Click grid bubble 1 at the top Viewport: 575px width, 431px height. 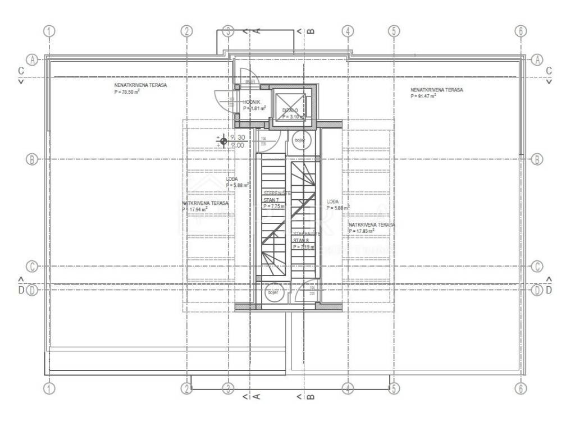pyautogui.click(x=50, y=31)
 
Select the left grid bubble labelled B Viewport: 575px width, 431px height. pyautogui.click(x=32, y=159)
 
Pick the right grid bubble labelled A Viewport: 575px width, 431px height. pyautogui.click(x=537, y=59)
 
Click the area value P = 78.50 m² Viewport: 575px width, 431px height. pyautogui.click(x=127, y=91)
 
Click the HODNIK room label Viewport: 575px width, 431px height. pyautogui.click(x=252, y=102)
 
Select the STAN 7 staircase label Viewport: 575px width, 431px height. pyautogui.click(x=271, y=199)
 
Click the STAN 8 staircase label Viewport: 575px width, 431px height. pyautogui.click(x=300, y=240)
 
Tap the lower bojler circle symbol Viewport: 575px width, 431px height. pyautogui.click(x=273, y=293)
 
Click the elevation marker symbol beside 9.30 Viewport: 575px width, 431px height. pyautogui.click(x=223, y=141)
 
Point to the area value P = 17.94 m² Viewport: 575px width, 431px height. pyautogui.click(x=195, y=209)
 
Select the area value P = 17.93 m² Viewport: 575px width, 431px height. pyautogui.click(x=362, y=231)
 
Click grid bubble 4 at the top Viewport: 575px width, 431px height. pyautogui.click(x=348, y=31)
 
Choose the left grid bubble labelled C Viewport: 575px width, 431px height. pyautogui.click(x=32, y=266)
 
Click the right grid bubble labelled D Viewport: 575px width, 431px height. pyautogui.click(x=537, y=291)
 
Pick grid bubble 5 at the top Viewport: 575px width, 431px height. pyautogui.click(x=394, y=31)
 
